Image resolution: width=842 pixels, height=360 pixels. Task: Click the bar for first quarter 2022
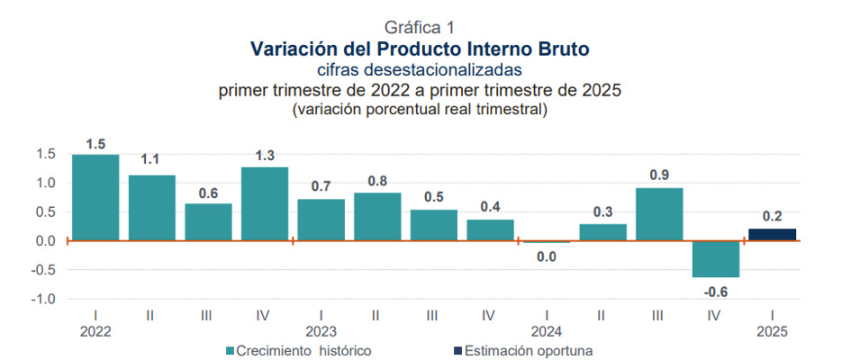95,197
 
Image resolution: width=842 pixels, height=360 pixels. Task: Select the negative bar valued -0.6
715,259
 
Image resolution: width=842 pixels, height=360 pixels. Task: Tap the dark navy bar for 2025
772,235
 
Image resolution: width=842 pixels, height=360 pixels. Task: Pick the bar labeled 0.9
659,214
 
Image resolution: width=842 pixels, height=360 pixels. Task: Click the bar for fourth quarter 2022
265,203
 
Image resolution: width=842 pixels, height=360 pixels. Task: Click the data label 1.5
96,144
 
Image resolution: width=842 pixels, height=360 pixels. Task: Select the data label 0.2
773,217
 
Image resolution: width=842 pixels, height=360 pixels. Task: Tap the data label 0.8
377,181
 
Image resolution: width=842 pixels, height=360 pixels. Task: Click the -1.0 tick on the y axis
46,299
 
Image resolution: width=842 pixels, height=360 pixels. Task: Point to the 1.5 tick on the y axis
48,154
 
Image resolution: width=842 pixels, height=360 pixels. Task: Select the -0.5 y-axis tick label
46,270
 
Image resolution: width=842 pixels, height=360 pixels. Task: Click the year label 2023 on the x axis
321,331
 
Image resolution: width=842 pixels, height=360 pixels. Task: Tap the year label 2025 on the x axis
772,331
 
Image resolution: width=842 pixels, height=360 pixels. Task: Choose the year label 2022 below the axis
95,331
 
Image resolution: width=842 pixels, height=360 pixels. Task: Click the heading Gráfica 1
420,28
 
